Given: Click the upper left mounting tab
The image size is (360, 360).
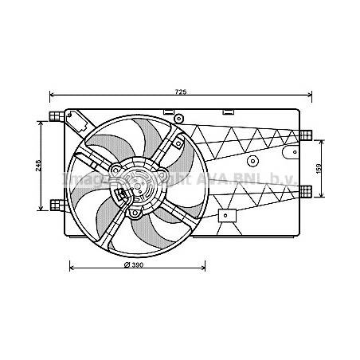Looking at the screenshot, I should pos(55,118).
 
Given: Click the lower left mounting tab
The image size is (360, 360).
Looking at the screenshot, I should pos(55,205).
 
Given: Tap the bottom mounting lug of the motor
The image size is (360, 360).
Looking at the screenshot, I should pos(135,213).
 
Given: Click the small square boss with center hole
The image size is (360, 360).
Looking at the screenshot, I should pos(226,215).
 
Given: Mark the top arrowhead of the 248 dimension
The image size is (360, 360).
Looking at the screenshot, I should pos(40,121).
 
